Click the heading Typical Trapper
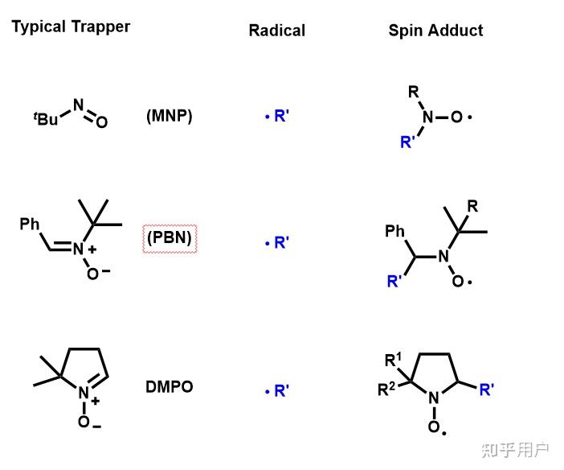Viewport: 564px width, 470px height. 71,27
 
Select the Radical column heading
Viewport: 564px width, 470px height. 276,31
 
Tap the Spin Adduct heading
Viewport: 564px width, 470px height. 435,31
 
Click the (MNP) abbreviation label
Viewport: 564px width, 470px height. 169,116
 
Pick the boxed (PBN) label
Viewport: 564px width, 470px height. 170,239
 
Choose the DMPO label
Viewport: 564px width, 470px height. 169,386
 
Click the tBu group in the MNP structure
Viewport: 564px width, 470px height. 47,119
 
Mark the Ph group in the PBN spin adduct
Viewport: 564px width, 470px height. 394,232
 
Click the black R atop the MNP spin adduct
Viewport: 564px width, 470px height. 414,92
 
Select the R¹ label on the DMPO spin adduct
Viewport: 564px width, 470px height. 394,359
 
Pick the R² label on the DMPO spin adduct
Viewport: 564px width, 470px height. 387,390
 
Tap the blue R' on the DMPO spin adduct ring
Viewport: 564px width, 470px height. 487,390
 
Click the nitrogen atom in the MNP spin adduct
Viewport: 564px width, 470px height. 427,117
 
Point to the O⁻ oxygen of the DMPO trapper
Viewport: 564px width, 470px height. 85,422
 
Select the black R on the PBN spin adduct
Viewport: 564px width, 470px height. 472,206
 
